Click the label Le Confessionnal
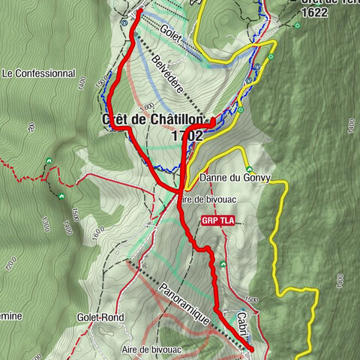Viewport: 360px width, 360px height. pyautogui.click(x=40, y=73)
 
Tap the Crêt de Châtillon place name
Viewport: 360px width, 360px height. pyautogui.click(x=149, y=121)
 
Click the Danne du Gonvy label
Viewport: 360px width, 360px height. pyautogui.click(x=244, y=178)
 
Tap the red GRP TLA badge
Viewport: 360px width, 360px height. pyautogui.click(x=218, y=220)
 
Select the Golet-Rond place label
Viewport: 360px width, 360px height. pyautogui.click(x=100, y=317)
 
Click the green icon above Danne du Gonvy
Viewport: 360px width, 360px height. pyautogui.click(x=248, y=169)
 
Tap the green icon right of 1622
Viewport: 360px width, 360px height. pyautogui.click(x=298, y=26)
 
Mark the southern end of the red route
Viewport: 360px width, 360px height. pyautogui.click(x=250, y=349)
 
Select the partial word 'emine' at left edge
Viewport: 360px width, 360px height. pyautogui.click(x=11, y=315)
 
